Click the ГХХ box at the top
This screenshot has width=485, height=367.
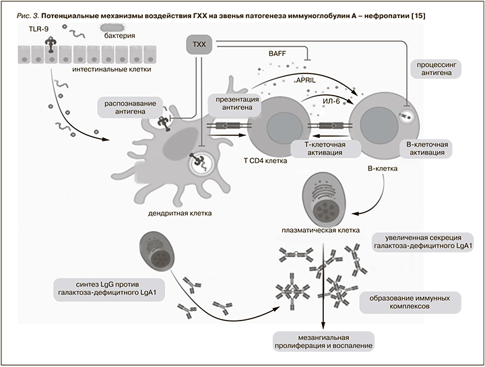coord(199,46)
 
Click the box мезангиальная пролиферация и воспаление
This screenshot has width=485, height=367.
coord(323,340)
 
